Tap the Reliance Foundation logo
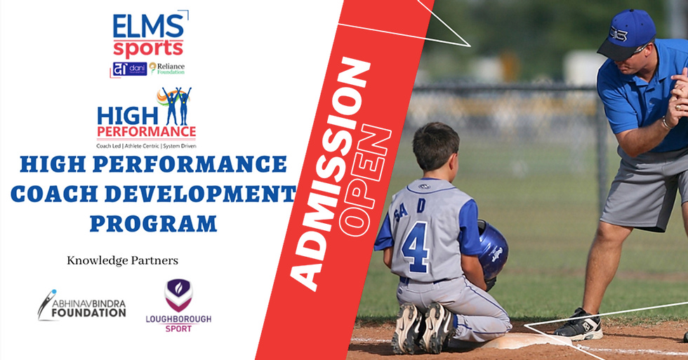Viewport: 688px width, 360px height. click(x=167, y=68)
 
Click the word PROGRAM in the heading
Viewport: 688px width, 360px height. click(x=152, y=223)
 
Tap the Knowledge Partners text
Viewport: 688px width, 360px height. click(x=122, y=260)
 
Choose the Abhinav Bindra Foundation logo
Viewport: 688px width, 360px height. click(x=82, y=304)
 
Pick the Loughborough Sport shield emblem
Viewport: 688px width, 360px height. click(x=178, y=294)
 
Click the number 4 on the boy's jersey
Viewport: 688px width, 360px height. click(x=416, y=246)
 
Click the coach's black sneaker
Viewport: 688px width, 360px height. click(x=578, y=324)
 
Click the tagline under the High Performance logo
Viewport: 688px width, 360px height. click(x=146, y=145)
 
